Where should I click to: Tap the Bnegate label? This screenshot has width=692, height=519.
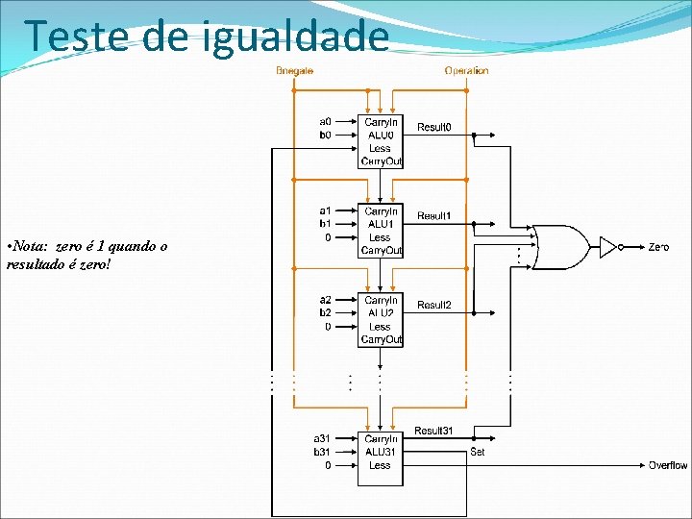pos(294,71)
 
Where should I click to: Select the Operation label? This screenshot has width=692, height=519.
pos(466,71)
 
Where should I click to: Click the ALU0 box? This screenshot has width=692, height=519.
pos(381,140)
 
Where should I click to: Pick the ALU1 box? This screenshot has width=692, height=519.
pos(381,230)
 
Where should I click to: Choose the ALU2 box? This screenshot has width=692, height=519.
pos(381,319)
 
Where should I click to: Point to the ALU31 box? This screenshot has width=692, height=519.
pos(381,451)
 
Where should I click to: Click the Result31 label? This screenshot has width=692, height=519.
pos(433,431)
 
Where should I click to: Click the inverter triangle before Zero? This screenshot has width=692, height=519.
pos(607,247)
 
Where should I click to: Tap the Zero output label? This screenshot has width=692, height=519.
pos(658,247)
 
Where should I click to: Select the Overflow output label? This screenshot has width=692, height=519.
pos(667,465)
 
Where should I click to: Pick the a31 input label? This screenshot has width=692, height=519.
pos(323,438)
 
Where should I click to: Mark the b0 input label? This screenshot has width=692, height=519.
pos(326,136)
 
